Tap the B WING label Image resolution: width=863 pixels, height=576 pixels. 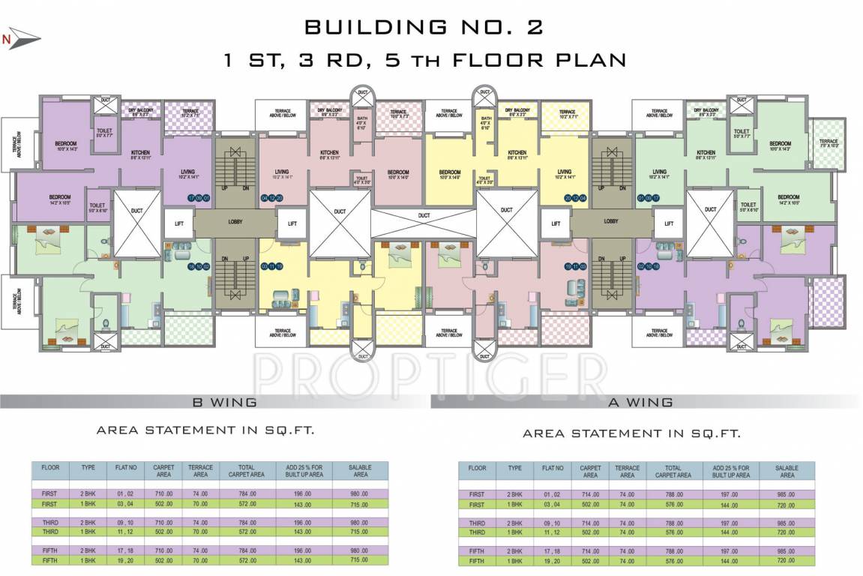pos(225,403)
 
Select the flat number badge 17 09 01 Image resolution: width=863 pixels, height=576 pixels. pos(200,198)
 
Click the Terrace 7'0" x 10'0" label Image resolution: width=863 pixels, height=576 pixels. pos(829,142)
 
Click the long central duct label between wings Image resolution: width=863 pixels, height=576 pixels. pos(424,215)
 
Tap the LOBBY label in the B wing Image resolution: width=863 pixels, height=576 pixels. pos(236,222)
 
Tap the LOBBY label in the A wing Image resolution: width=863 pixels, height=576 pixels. pos(611,222)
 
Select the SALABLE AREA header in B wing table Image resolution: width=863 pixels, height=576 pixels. pos(360,471)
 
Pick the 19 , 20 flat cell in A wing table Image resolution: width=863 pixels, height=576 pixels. pos(552,561)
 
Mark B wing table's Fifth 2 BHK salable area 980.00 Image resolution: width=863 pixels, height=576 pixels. pos(360,550)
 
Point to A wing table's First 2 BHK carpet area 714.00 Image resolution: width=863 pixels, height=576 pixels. pos(590,494)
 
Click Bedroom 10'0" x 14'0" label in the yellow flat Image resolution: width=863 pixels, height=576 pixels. pos(450,173)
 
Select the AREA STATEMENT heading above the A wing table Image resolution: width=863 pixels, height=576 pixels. pos(631,433)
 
